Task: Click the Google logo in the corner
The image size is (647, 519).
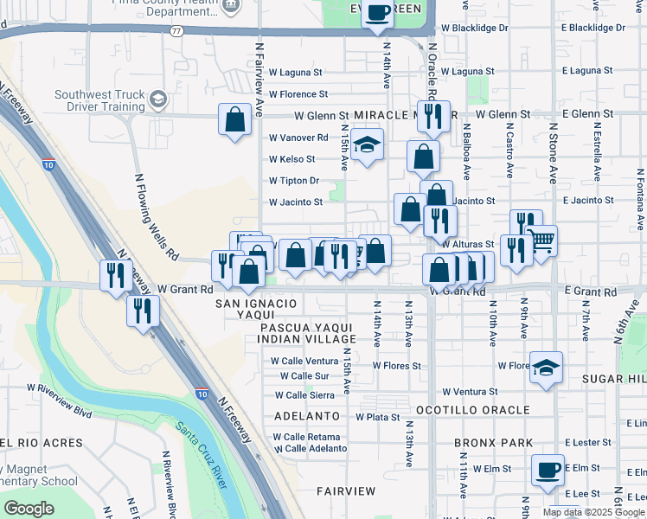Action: (x=29, y=509)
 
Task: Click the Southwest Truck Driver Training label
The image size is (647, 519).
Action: (x=99, y=100)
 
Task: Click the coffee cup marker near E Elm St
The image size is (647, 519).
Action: (x=548, y=470)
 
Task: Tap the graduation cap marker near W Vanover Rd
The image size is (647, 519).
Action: (x=367, y=144)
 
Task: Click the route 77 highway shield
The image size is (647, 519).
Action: (x=176, y=30)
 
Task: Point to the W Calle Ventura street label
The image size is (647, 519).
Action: (x=304, y=361)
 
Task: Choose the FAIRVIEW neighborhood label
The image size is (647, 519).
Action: (x=346, y=490)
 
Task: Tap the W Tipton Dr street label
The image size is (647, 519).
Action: (x=294, y=181)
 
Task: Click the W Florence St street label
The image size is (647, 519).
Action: (x=298, y=93)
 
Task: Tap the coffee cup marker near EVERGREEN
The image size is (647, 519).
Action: (x=377, y=13)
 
